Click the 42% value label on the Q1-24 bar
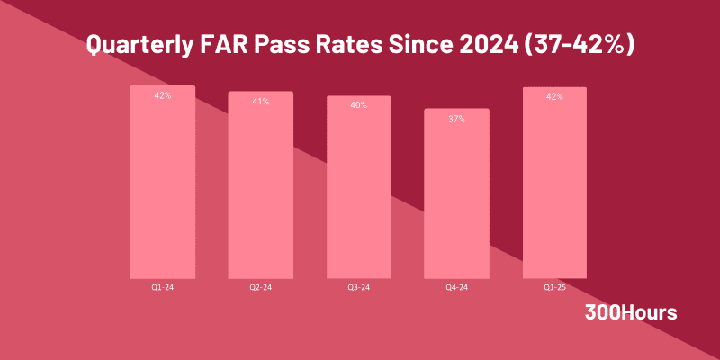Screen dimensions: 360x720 (x=162, y=95)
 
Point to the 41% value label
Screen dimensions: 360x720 (x=260, y=102)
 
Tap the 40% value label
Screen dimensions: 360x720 (x=358, y=105)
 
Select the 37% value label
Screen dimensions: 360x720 (x=456, y=119)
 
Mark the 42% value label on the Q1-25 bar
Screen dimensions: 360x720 (x=554, y=96)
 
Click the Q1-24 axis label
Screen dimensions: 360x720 (x=162, y=288)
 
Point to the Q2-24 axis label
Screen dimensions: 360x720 (x=260, y=288)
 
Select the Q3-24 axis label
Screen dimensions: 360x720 (x=358, y=288)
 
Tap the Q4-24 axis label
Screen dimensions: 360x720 (x=456, y=288)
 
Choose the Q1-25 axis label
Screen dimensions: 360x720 (x=554, y=288)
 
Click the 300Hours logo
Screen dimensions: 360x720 (x=630, y=313)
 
